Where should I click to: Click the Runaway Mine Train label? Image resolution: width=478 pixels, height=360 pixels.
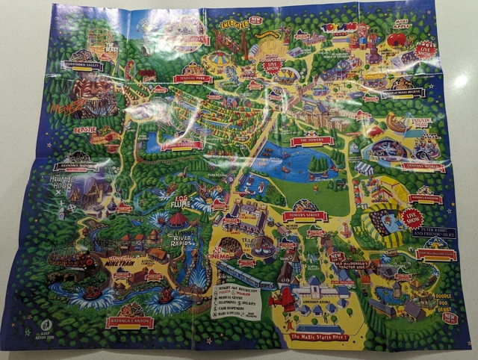pos(122,263)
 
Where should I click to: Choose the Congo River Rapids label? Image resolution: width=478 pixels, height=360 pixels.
pos(182,241)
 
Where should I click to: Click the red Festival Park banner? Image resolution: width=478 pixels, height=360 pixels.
pos(192,78)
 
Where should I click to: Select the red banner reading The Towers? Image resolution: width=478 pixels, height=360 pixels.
pos(311,140)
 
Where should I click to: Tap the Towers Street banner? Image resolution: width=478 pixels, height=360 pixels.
pos(305,216)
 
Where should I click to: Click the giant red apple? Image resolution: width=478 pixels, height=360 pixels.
pos(397,40)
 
